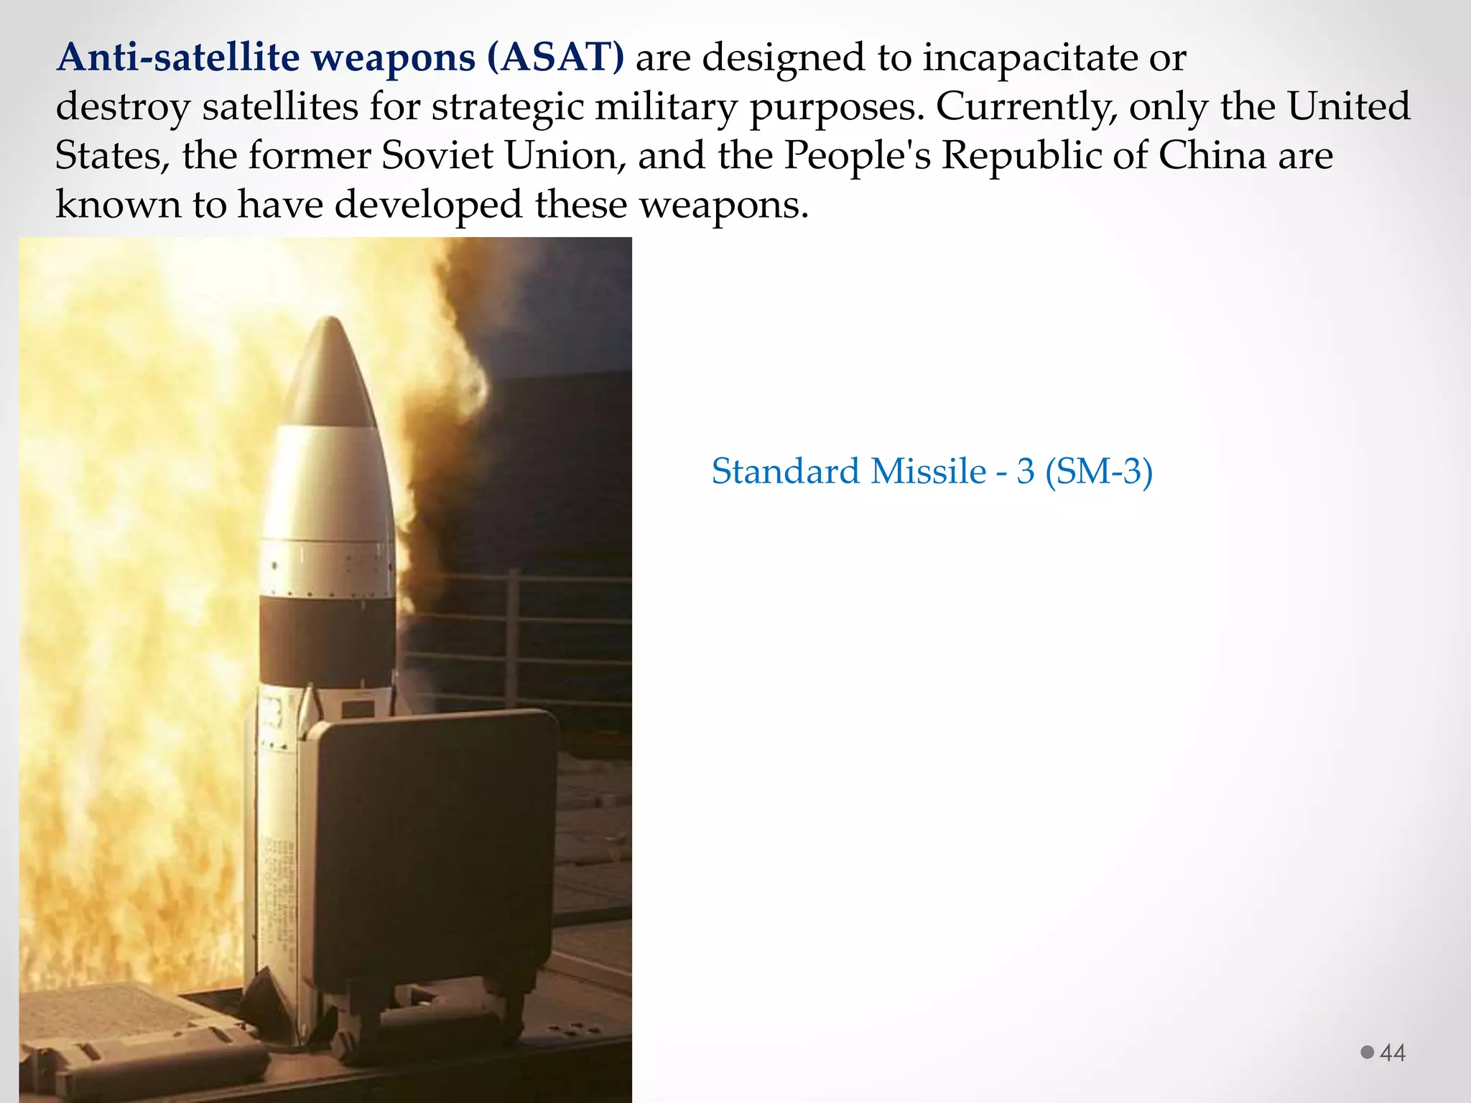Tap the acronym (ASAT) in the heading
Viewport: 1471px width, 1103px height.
coord(555,57)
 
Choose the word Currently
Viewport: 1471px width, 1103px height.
coord(1026,106)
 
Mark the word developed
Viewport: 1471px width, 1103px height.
coord(428,205)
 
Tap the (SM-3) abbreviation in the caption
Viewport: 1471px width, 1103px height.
coord(1098,472)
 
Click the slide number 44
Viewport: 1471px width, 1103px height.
coord(1393,1053)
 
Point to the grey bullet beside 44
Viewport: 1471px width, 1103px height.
coord(1367,1052)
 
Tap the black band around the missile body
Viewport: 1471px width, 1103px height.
coord(327,639)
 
